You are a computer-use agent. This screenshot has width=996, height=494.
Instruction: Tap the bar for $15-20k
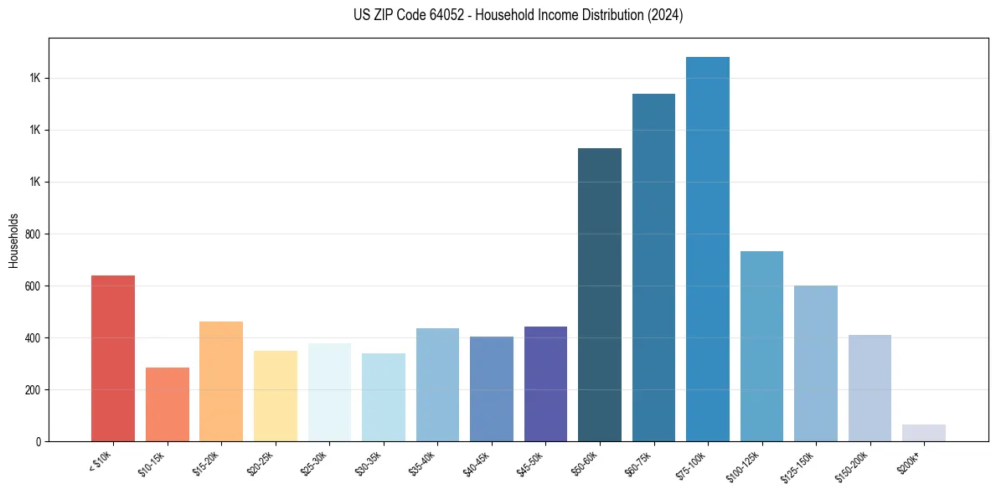221,381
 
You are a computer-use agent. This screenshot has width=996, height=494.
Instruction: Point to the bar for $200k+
924,433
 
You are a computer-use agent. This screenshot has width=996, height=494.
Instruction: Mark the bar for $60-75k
653,267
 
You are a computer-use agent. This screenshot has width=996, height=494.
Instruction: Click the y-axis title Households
13,239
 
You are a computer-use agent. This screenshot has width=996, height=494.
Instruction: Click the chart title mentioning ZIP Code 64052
519,15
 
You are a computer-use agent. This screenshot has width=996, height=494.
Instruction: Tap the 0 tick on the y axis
39,441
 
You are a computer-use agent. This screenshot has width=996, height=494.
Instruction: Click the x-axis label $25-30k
315,463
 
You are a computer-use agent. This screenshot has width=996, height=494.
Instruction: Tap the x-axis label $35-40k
423,463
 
